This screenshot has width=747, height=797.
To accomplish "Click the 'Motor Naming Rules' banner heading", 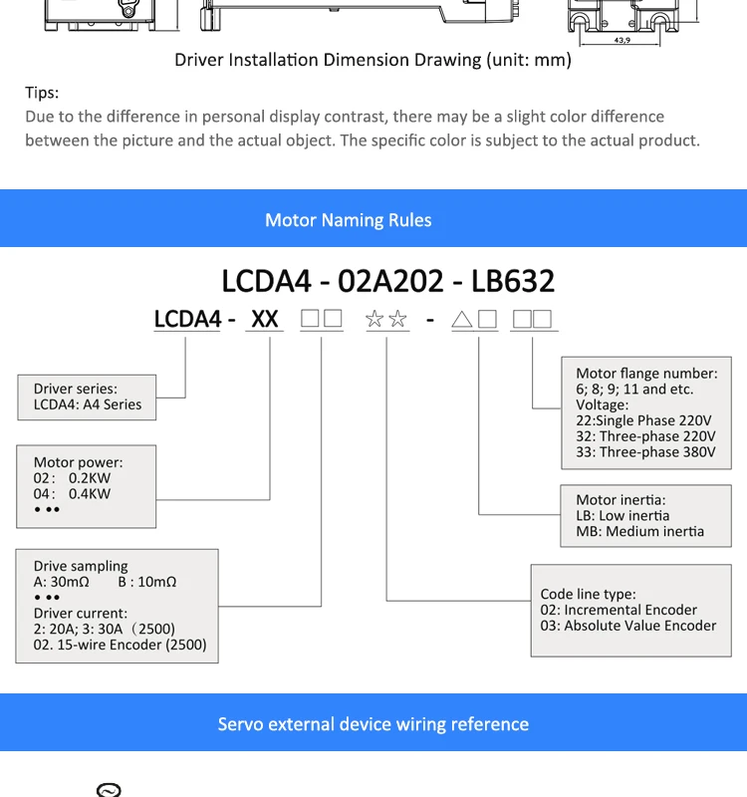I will [x=349, y=220].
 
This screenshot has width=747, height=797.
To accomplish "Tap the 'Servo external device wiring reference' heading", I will [x=373, y=724].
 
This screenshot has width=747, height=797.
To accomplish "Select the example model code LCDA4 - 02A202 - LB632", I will [x=387, y=281].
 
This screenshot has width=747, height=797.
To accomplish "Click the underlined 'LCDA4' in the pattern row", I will [x=187, y=320].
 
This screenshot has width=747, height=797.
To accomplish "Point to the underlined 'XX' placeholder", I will [x=265, y=320].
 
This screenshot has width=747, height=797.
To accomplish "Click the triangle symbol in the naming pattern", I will [x=461, y=320].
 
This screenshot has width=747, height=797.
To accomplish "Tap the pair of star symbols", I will [x=386, y=320].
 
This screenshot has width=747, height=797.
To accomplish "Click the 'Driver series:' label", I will [x=76, y=389].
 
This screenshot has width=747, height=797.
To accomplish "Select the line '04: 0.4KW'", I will [x=73, y=494].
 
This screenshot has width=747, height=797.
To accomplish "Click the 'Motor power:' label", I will [x=79, y=462].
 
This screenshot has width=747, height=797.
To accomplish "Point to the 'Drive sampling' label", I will [x=81, y=566].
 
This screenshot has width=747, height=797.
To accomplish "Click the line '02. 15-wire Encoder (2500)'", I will [x=121, y=645].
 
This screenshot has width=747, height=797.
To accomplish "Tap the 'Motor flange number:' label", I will [x=646, y=374].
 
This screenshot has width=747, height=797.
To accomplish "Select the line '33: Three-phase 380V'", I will [x=645, y=452].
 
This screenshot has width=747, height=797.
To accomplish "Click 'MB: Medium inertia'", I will [x=639, y=532].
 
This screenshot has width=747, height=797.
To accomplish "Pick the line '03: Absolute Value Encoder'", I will [x=628, y=626].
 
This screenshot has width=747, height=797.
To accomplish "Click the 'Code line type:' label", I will [x=588, y=594].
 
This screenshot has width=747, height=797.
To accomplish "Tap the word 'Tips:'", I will [x=42, y=93].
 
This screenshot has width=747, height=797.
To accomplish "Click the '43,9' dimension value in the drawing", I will [x=622, y=40].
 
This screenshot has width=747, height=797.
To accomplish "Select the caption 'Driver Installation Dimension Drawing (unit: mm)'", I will [x=373, y=60].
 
